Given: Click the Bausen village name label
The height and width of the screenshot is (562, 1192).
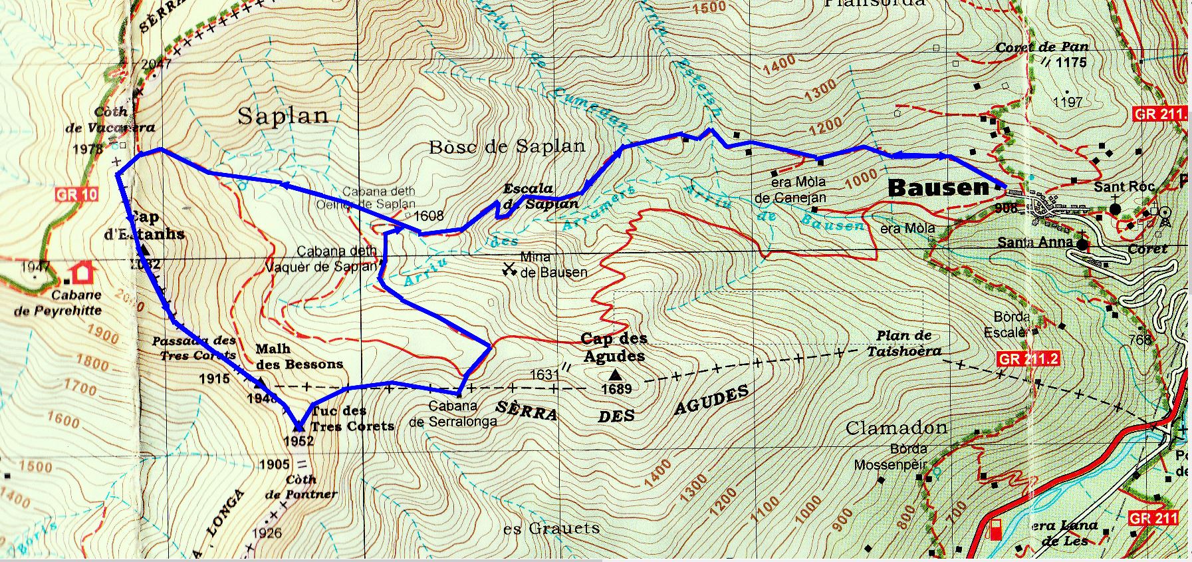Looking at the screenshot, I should (939, 188).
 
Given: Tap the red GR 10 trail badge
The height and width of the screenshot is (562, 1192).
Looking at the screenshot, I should (76, 195).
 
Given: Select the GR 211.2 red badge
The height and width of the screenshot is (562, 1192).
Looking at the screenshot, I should (1028, 360).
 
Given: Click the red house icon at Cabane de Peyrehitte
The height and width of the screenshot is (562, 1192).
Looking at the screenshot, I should (82, 273).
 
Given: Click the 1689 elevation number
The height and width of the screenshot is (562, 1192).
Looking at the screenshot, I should (616, 389).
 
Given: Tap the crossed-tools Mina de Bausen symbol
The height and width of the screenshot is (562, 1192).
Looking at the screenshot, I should (510, 269).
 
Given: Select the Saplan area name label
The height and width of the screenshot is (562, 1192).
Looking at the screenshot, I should (283, 116).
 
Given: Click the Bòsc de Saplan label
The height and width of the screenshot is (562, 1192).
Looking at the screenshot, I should (507, 147).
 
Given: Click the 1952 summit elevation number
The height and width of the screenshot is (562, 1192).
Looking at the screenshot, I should (298, 441).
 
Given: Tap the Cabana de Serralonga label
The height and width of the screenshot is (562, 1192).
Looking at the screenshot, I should (453, 414).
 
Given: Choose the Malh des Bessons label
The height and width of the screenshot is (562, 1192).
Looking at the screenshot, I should (298, 356).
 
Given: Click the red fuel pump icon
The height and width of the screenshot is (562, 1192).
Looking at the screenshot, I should (996, 529).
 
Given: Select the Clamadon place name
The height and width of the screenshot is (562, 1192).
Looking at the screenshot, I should (896, 428).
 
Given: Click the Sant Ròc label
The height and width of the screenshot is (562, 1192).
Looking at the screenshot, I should (1124, 188).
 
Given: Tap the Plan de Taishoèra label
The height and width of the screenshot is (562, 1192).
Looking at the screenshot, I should (903, 343).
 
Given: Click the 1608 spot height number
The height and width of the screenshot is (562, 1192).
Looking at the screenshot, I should (428, 215).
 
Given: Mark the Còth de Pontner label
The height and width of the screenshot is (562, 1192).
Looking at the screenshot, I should (300, 487).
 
